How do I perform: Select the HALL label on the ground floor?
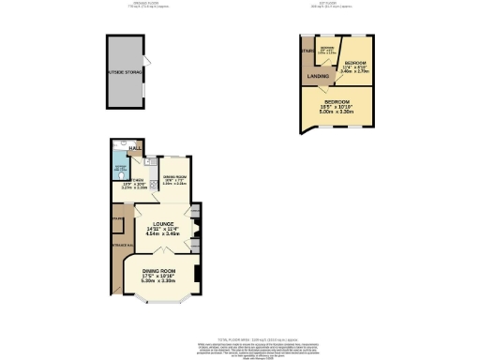coord(137,148)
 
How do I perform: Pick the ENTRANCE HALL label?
coord(118,245)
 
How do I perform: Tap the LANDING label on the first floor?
coord(318,76)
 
